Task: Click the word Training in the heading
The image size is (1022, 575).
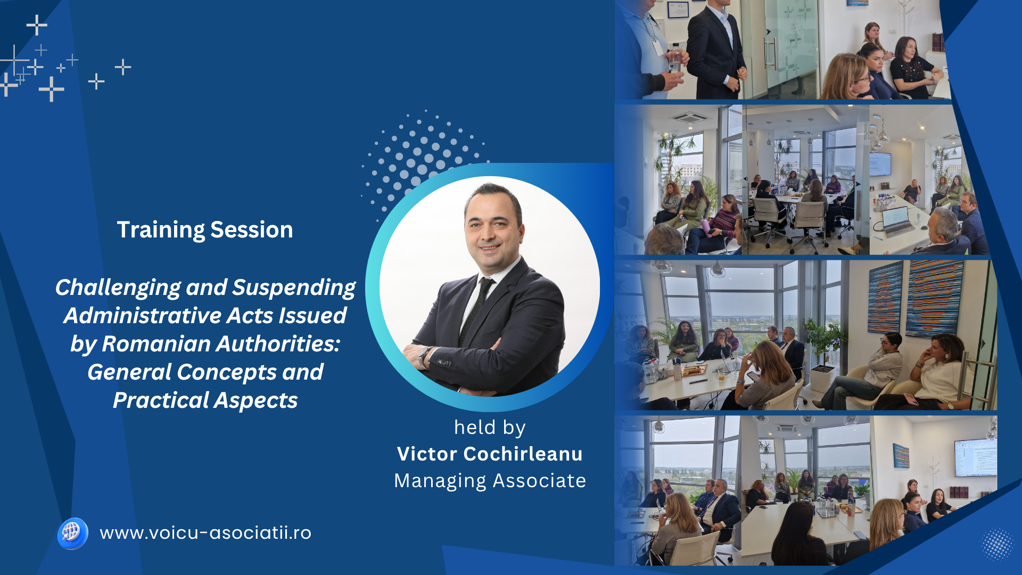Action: click(x=160, y=230)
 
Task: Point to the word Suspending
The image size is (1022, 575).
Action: click(x=294, y=288)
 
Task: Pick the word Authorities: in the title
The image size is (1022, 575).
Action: click(x=278, y=344)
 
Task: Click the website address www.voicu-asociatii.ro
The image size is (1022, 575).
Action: click(x=205, y=533)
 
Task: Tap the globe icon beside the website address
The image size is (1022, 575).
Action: click(x=72, y=533)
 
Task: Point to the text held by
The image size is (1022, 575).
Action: click(x=490, y=427)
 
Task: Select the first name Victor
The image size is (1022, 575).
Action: click(x=427, y=454)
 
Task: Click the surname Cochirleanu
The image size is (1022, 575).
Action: click(x=523, y=454)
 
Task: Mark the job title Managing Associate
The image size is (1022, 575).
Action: click(x=490, y=481)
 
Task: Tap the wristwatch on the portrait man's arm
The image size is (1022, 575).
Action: click(x=424, y=356)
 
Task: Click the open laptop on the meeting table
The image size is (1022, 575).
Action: click(x=896, y=220)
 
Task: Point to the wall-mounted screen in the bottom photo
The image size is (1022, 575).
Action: click(x=975, y=457)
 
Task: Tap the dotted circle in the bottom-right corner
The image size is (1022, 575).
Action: click(x=997, y=544)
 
